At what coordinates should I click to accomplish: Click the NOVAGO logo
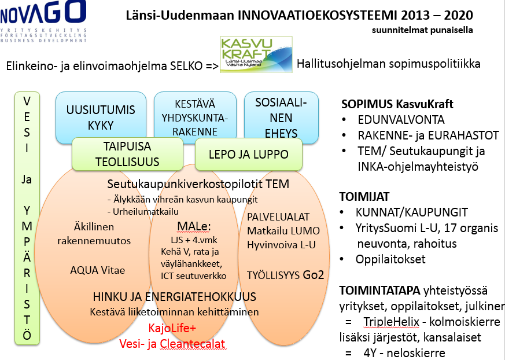tap(43, 21)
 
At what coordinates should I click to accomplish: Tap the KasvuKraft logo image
tap(256, 54)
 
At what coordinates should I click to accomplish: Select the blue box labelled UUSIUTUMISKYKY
tap(101, 117)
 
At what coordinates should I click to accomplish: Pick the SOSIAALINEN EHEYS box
tap(281, 117)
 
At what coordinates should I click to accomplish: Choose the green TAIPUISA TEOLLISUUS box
tap(127, 154)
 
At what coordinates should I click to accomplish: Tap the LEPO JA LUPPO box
tap(249, 154)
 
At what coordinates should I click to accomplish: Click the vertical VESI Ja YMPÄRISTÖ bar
tap(27, 218)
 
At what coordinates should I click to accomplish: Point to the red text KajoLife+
tap(172, 328)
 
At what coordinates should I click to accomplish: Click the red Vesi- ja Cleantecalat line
tap(172, 344)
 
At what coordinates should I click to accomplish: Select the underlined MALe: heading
tap(194, 226)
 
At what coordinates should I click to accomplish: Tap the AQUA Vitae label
tap(97, 270)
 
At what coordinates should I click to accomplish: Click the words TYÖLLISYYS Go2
tap(285, 275)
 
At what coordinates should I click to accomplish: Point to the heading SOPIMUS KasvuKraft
tap(397, 104)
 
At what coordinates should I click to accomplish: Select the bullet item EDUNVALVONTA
tap(401, 120)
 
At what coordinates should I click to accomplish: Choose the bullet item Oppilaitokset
tap(390, 259)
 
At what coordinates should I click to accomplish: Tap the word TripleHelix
tap(391, 322)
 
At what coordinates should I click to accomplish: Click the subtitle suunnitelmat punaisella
tap(422, 30)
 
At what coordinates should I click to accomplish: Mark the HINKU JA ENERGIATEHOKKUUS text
tap(175, 296)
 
